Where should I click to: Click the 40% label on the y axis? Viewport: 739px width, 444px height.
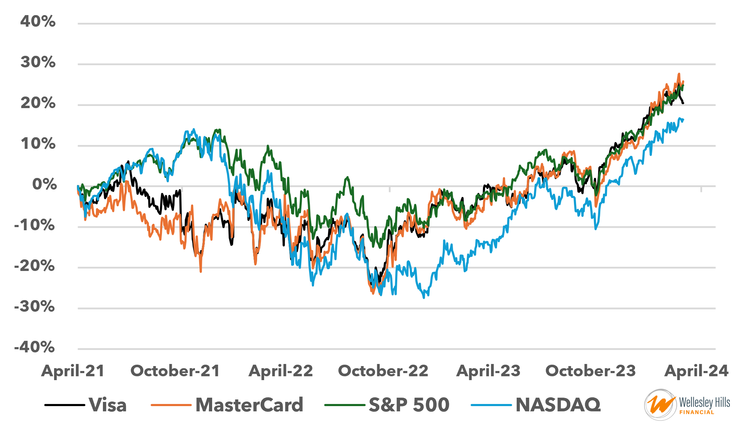coord(38,21)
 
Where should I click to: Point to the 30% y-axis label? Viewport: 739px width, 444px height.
coord(38,62)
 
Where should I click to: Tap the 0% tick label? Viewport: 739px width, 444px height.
coord(44,184)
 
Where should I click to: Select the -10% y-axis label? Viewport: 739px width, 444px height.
coord(34,225)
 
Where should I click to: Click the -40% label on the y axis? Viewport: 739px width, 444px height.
coord(34,347)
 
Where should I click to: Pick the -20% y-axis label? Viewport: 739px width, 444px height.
coord(34,266)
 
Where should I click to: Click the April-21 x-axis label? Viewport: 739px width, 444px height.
coord(73,371)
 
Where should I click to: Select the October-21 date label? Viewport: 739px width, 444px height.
coord(175,371)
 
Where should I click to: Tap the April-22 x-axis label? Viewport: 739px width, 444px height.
coord(281,371)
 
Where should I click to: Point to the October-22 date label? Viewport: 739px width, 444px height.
coord(383,371)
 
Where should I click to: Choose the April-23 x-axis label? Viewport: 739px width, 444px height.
coord(488,371)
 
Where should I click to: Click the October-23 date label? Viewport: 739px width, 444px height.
coord(590,371)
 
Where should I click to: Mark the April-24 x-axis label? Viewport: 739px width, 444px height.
coord(697,371)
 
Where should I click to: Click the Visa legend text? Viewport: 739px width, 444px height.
coord(107,405)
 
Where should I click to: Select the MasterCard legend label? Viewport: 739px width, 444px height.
coord(249,405)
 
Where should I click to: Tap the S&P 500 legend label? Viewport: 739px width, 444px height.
coord(409,405)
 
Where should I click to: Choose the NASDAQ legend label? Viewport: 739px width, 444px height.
coord(558,405)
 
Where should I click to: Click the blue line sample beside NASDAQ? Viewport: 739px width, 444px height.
coord(491,405)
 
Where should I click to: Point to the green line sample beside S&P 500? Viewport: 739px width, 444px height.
coord(345,405)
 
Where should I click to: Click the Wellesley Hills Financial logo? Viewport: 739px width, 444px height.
coord(687,405)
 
